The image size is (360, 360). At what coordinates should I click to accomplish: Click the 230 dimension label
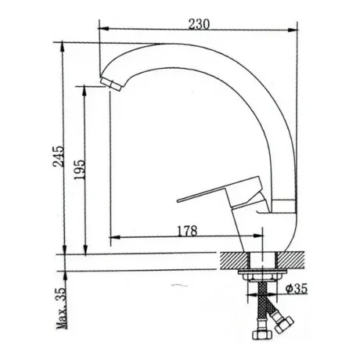[x=199, y=24]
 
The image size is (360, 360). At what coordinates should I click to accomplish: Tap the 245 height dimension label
[x=59, y=157]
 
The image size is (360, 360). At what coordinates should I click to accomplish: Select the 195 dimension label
[x=80, y=169]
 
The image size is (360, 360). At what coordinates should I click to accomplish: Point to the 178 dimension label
[x=187, y=231]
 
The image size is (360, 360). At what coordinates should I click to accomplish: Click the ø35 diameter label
[x=296, y=289]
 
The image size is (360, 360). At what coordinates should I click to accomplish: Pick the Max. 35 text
[x=62, y=308]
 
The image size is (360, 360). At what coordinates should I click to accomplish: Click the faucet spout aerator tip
[x=112, y=83]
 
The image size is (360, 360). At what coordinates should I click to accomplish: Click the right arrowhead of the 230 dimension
[x=293, y=30]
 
